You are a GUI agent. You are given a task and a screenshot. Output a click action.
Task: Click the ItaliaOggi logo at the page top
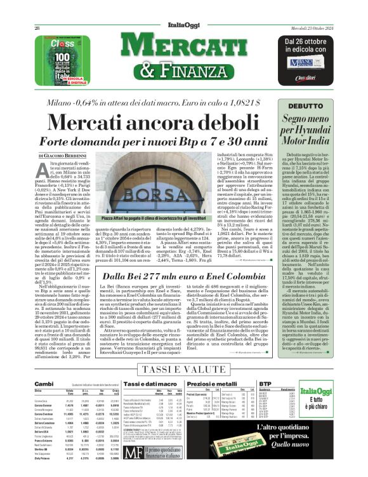click(183, 23)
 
